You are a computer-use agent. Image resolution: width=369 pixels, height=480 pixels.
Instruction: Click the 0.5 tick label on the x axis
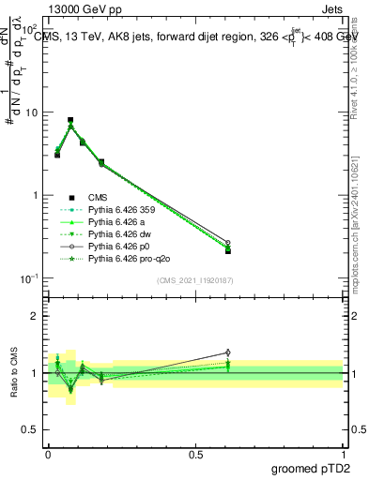[195, 455]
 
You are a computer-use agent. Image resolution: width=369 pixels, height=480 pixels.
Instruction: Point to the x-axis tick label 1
[343, 455]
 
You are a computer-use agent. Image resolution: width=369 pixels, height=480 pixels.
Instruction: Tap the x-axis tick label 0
[48, 455]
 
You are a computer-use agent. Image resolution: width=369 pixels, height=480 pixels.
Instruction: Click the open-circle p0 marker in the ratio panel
[227, 352]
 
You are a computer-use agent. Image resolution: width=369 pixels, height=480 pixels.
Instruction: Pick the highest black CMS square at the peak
[70, 120]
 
